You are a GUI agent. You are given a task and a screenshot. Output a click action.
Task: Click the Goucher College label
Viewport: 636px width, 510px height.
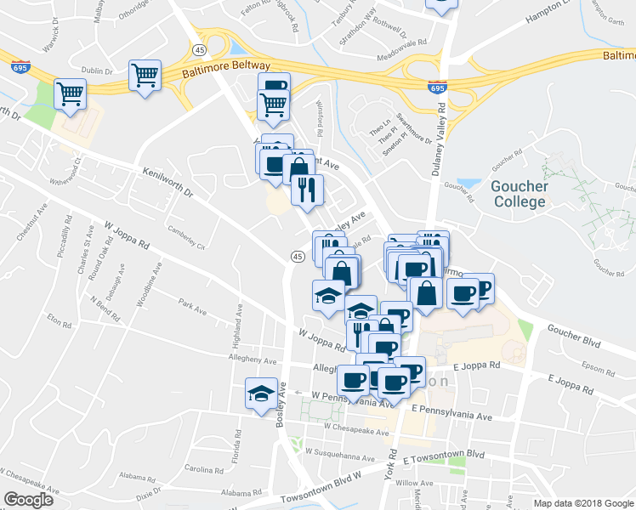coord(518,194)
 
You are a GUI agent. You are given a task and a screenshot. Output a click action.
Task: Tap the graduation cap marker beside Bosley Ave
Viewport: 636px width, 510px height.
coord(261,393)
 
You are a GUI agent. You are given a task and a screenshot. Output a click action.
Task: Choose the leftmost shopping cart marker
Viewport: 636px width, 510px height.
coord(70,94)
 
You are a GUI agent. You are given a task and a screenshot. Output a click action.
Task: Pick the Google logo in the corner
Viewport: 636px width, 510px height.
coord(28,499)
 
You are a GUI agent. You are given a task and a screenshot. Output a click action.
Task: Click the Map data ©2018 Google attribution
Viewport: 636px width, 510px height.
coord(583,503)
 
